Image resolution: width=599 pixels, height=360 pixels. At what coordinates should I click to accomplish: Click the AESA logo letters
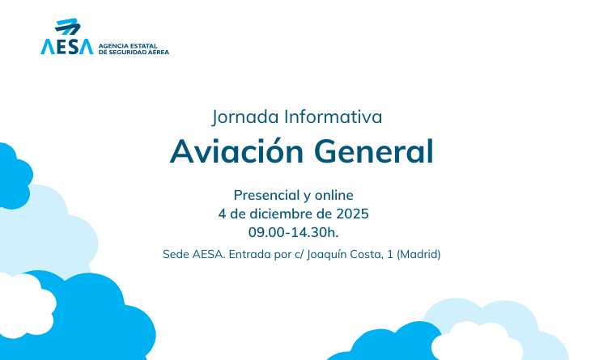[x=66, y=46]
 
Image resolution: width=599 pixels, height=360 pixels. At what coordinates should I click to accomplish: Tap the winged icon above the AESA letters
[x=69, y=27]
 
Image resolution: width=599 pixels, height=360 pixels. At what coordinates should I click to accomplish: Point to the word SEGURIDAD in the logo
[x=130, y=52]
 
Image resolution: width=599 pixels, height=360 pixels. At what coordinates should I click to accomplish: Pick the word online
[x=335, y=195]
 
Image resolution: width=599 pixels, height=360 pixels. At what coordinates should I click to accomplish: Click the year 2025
[x=352, y=214]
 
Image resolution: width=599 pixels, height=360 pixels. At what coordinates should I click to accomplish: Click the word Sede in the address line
[x=176, y=254]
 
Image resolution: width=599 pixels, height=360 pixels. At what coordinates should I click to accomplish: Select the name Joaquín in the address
[x=329, y=254]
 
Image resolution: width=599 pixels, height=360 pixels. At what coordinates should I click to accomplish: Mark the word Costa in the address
[x=372, y=254]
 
